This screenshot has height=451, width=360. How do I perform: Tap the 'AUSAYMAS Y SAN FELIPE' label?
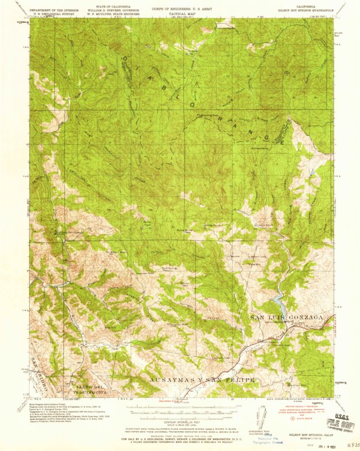click(x=203, y=380)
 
